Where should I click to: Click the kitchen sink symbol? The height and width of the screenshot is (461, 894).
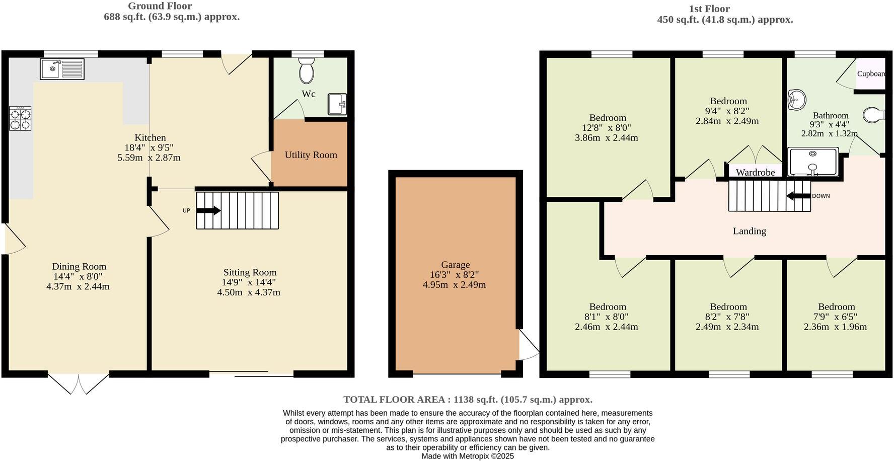pyautogui.click(x=62, y=69)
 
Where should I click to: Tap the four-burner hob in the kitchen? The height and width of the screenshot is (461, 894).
pyautogui.click(x=20, y=119)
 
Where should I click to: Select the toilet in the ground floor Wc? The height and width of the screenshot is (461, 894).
pyautogui.click(x=306, y=70)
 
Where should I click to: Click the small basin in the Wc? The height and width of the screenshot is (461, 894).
pyautogui.click(x=337, y=104)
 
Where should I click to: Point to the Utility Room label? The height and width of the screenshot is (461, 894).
pyautogui.click(x=311, y=155)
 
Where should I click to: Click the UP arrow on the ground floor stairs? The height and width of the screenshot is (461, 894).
pyautogui.click(x=208, y=211)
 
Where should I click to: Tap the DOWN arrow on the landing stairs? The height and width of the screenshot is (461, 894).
pyautogui.click(x=798, y=196)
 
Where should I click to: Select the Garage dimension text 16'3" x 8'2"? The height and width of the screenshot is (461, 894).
pyautogui.click(x=454, y=275)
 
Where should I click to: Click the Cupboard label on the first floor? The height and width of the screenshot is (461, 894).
pyautogui.click(x=871, y=74)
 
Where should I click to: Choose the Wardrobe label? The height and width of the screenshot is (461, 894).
pyautogui.click(x=755, y=173)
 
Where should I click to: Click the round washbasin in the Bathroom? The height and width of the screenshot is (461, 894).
pyautogui.click(x=796, y=99)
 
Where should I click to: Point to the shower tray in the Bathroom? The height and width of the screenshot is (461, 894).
pyautogui.click(x=812, y=162)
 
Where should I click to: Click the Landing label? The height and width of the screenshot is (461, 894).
pyautogui.click(x=749, y=231)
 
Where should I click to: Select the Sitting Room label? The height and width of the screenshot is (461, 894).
pyautogui.click(x=250, y=272)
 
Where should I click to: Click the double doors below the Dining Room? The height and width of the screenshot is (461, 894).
pyautogui.click(x=79, y=383)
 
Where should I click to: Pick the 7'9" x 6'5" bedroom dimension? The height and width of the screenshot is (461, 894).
pyautogui.click(x=835, y=317)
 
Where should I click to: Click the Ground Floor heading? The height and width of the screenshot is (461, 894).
pyautogui.click(x=160, y=6)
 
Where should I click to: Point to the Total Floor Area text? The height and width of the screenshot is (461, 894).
pyautogui.click(x=468, y=400)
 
